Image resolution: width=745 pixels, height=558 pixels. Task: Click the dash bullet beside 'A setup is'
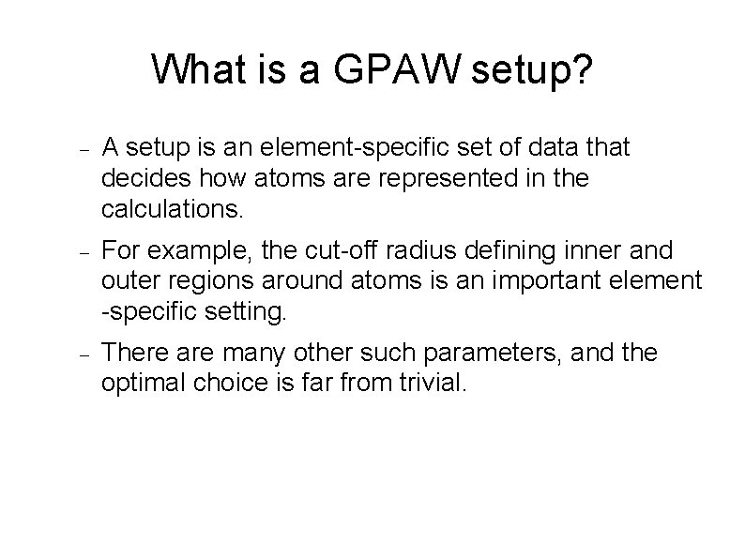coord(84,149)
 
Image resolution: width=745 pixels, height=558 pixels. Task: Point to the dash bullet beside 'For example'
coord(84,252)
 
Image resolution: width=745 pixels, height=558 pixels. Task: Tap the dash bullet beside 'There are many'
coord(84,355)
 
